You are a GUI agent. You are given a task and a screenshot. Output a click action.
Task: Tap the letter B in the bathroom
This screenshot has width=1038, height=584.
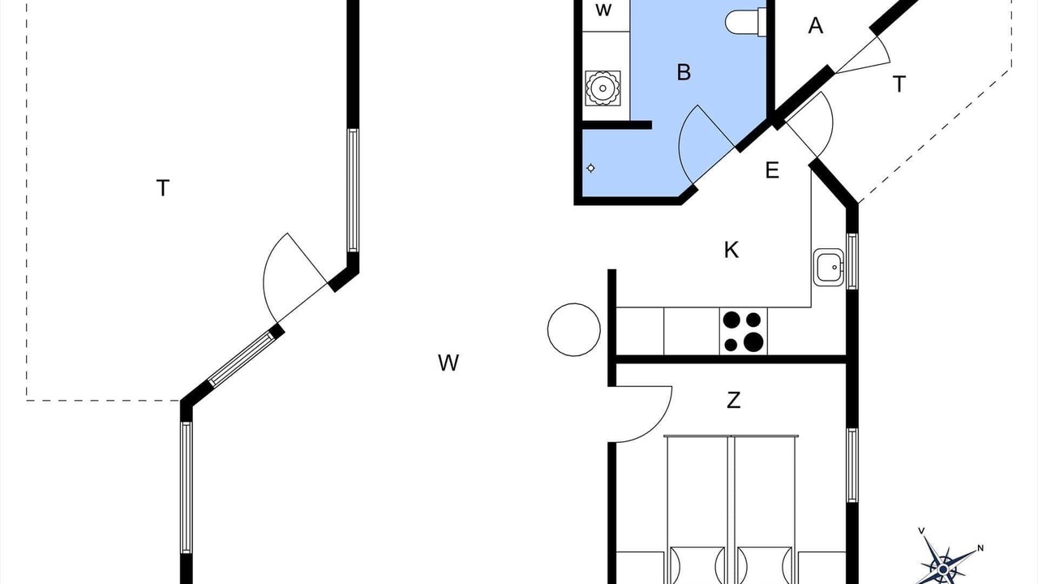click(x=684, y=72)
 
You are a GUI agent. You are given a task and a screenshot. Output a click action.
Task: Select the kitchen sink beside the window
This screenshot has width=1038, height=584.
click(x=829, y=268)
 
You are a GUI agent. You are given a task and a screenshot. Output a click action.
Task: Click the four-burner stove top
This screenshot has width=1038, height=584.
click(x=744, y=332)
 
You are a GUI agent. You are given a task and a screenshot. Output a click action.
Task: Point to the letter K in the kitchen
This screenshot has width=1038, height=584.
click(x=731, y=250)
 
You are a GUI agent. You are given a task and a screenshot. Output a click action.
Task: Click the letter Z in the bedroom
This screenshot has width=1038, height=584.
click(x=733, y=400)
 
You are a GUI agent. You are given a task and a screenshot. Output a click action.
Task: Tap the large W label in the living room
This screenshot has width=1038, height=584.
click(x=448, y=363)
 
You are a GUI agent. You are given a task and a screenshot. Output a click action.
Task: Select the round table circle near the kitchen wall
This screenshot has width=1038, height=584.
click(x=573, y=329)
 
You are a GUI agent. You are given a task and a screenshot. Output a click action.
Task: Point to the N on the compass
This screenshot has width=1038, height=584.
click(x=980, y=548)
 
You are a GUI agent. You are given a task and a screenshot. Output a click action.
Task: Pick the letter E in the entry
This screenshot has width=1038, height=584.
click(x=772, y=170)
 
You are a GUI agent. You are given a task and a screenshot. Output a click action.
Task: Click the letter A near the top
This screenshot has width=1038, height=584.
click(x=816, y=26)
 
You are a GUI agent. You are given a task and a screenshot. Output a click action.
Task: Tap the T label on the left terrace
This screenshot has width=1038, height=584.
click(x=163, y=188)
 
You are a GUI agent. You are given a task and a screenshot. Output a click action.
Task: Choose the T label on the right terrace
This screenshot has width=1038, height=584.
click(x=899, y=84)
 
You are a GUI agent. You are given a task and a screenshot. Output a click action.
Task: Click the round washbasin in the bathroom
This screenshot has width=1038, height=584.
click(x=603, y=88)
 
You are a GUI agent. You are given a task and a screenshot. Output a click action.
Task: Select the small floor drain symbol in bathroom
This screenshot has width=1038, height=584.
click(x=591, y=168)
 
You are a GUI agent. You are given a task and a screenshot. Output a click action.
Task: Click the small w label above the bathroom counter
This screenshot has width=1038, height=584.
click(x=603, y=11)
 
